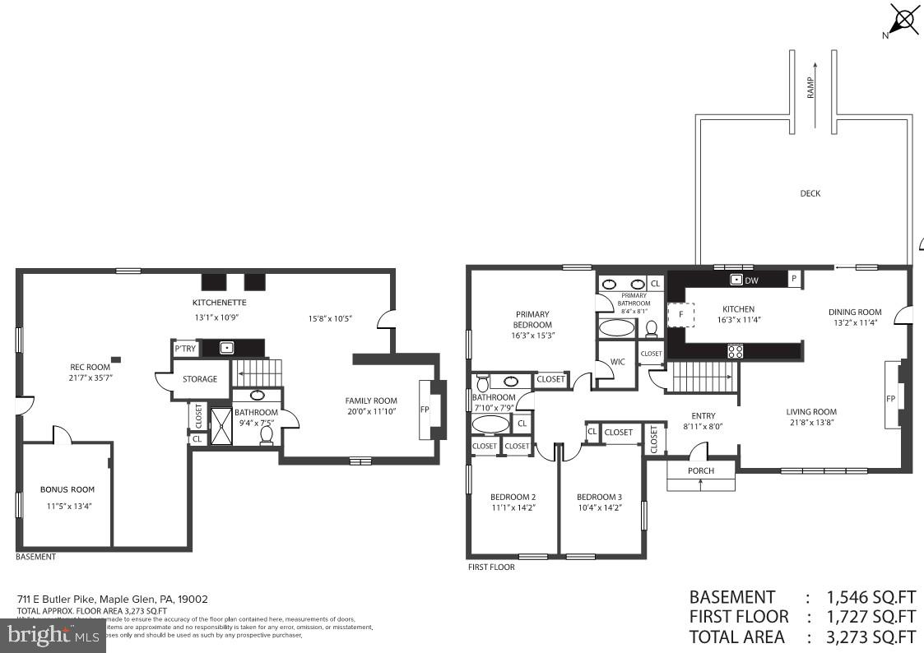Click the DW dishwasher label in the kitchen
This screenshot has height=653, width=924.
tap(751, 280)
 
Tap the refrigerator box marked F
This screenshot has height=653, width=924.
tap(680, 315)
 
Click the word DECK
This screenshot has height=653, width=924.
tap(810, 193)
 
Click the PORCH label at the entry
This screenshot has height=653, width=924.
tap(700, 470)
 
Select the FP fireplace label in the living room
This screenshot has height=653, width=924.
tap(890, 399)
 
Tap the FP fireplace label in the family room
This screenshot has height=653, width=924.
tap(425, 409)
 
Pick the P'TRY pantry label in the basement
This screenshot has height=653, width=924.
tap(184, 349)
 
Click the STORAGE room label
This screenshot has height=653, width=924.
tap(200, 379)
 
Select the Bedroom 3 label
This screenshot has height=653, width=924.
tap(599, 497)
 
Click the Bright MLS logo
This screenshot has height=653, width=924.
tap(53, 635)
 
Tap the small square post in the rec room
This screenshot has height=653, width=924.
tap(117, 359)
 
